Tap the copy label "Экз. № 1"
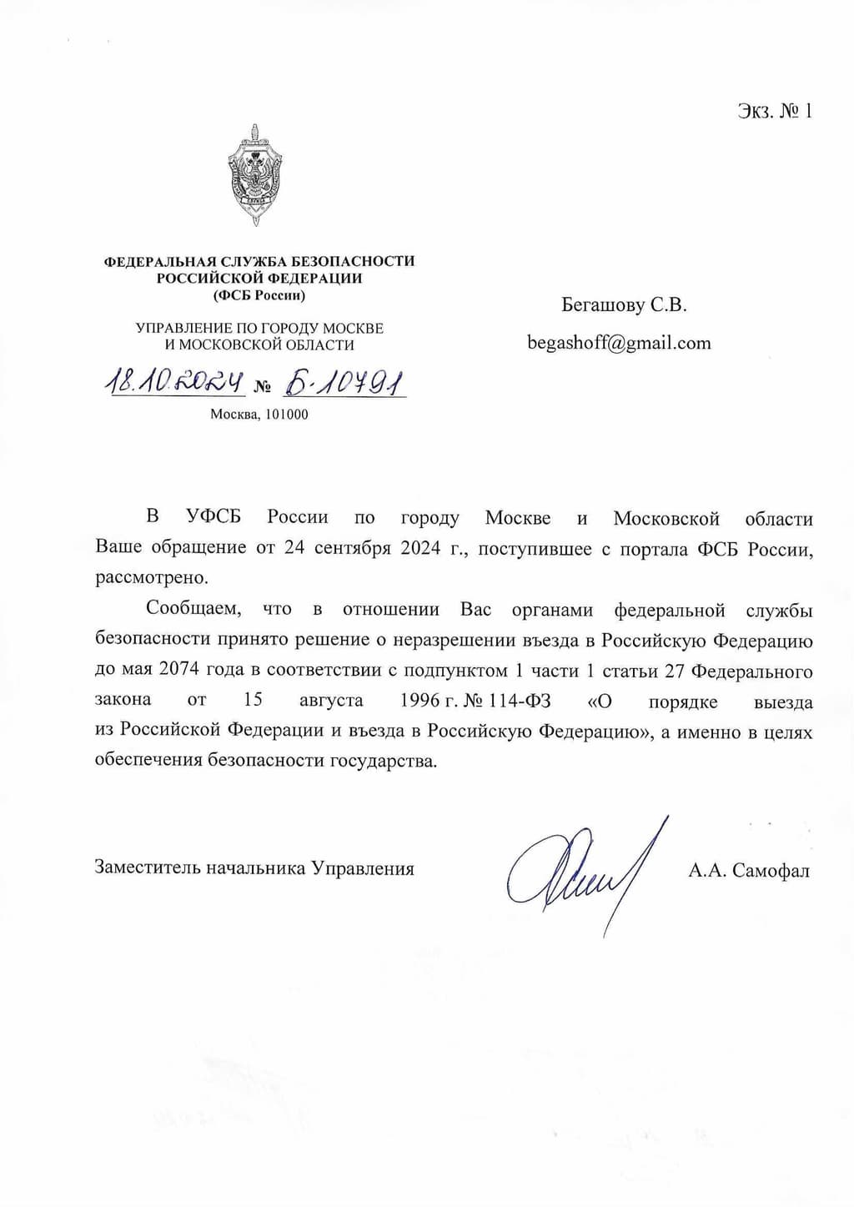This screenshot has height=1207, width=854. [x=775, y=111]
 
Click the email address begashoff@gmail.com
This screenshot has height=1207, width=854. [x=619, y=343]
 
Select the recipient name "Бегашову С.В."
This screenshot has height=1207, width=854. [x=624, y=305]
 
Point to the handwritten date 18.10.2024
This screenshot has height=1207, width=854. [x=173, y=383]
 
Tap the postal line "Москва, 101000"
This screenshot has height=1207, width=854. [x=259, y=414]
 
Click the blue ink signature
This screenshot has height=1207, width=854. [x=584, y=872]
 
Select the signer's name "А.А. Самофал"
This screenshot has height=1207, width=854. [x=749, y=871]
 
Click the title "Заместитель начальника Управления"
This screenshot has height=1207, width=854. [x=254, y=868]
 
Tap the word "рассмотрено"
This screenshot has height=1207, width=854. [x=150, y=578]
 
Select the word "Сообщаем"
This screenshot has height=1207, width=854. [x=193, y=610]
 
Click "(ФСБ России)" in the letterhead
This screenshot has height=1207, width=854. [x=259, y=295]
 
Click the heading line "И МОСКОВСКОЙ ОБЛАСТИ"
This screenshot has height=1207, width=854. [x=259, y=345]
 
